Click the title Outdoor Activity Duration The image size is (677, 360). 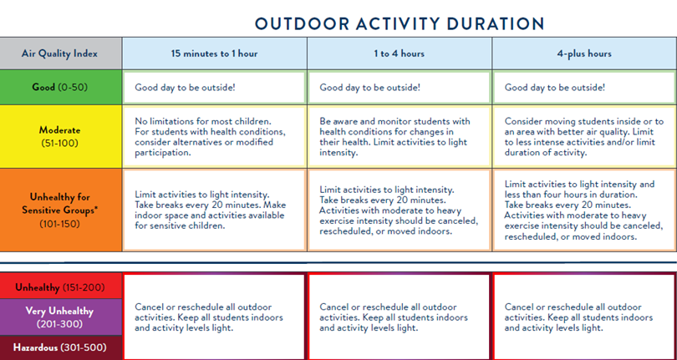[x=399, y=23]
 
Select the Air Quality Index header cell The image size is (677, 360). [x=60, y=53]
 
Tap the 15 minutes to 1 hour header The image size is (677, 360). [x=214, y=53]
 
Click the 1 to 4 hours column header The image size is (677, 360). [x=399, y=53]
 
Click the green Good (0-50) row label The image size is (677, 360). [x=60, y=87]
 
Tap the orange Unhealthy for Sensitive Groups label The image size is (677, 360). [x=60, y=209]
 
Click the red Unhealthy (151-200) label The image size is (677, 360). [x=60, y=288]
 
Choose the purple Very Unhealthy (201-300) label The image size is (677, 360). [x=60, y=317]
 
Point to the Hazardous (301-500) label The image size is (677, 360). [x=60, y=347]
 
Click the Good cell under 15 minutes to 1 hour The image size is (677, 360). [x=214, y=87]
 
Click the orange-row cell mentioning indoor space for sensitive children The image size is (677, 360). [x=214, y=209]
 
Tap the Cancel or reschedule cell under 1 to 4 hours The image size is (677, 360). [x=399, y=317]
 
